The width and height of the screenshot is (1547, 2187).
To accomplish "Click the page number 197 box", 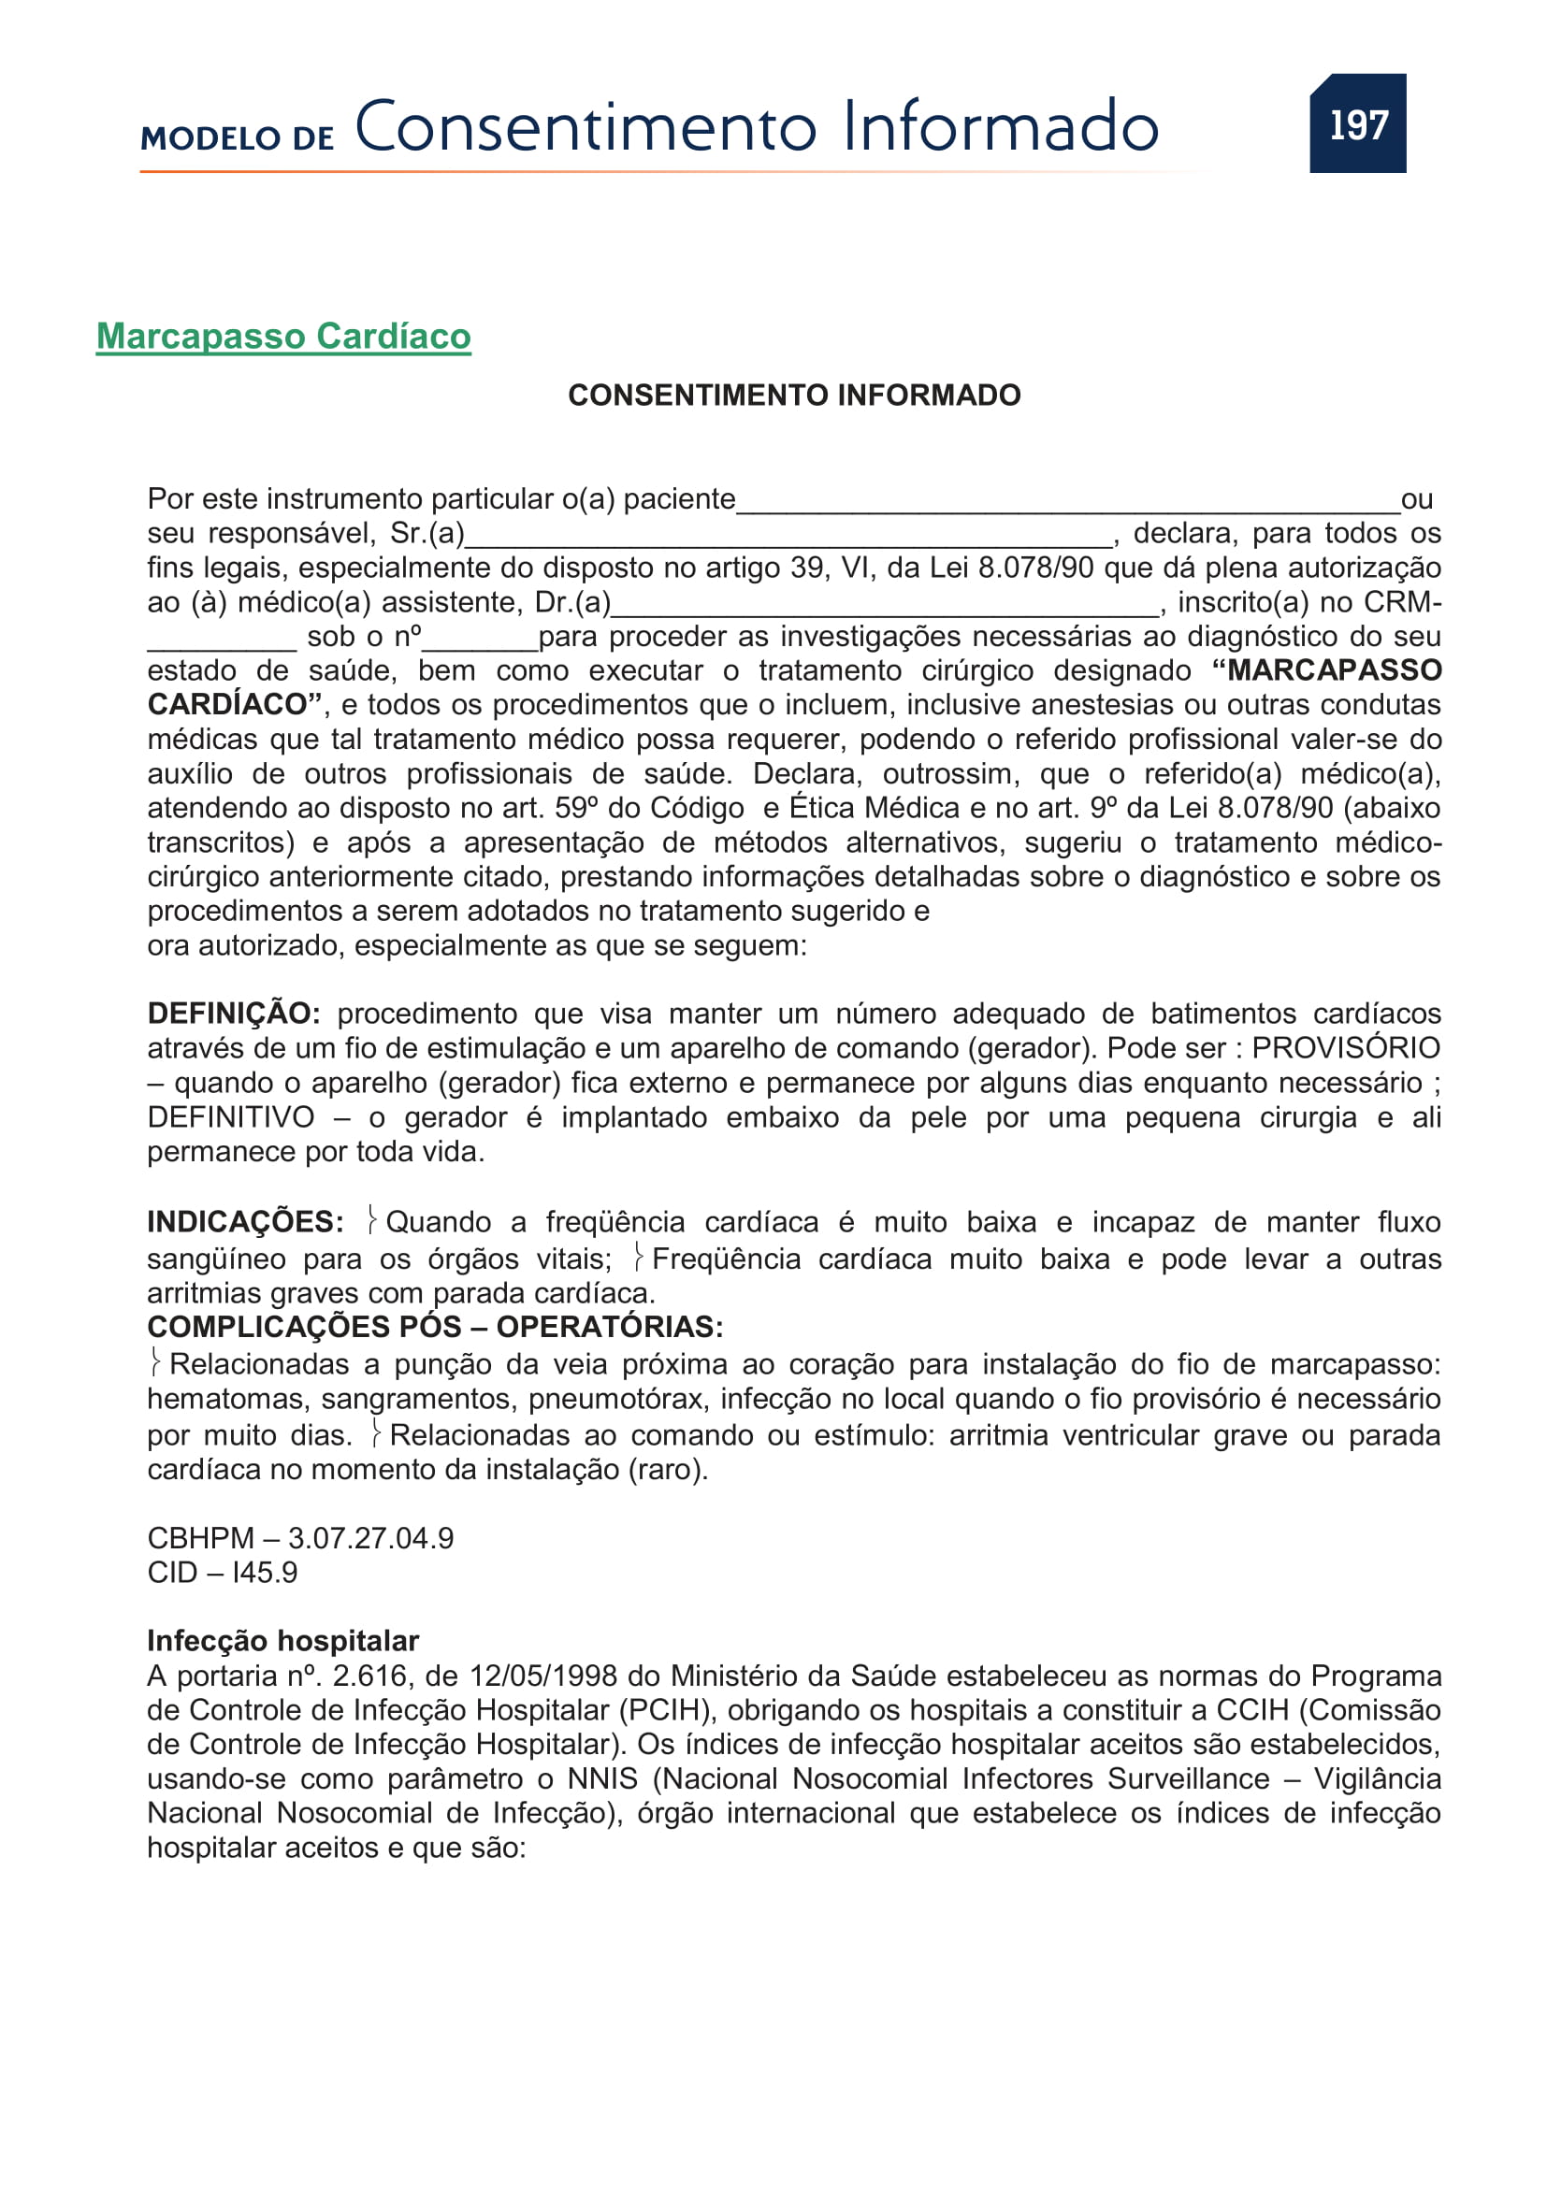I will click(x=1356, y=123).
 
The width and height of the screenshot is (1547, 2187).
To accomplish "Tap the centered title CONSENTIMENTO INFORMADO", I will click(x=793, y=396).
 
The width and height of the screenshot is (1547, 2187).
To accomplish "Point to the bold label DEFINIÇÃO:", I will click(x=234, y=1014).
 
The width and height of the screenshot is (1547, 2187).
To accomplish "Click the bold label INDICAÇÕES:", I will click(x=245, y=1222).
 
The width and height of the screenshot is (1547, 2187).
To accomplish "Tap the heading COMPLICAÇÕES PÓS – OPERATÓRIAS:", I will click(x=435, y=1327).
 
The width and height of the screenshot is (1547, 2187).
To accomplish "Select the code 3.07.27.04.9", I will click(x=370, y=1538).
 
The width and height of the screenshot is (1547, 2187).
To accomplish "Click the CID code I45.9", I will click(x=264, y=1573).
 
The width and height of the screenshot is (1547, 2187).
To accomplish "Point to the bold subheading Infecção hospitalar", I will click(x=282, y=1641).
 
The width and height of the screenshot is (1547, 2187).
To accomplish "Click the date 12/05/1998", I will click(x=544, y=1676).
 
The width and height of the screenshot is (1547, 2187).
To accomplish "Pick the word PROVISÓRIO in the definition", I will click(x=1345, y=1048).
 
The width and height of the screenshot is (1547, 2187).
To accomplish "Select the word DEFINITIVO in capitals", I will click(x=230, y=1116).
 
